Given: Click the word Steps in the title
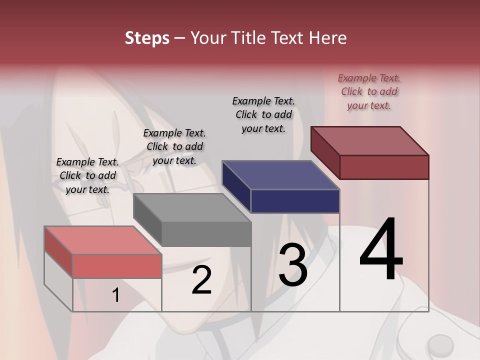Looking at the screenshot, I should (147, 38).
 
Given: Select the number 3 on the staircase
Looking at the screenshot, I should (293, 265).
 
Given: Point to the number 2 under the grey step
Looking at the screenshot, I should (201, 280).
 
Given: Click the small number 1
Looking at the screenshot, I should (116, 295).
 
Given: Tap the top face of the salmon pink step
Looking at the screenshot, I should (103, 240).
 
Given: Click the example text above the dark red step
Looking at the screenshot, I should (369, 91).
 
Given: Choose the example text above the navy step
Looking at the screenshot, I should (263, 114).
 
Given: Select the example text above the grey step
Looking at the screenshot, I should (174, 146).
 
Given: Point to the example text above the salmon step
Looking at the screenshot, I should (87, 175).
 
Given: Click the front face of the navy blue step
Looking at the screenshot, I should (295, 201).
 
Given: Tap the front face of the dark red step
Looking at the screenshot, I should (384, 167).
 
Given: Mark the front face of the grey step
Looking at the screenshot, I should (206, 234).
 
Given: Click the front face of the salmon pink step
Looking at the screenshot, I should (117, 266).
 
